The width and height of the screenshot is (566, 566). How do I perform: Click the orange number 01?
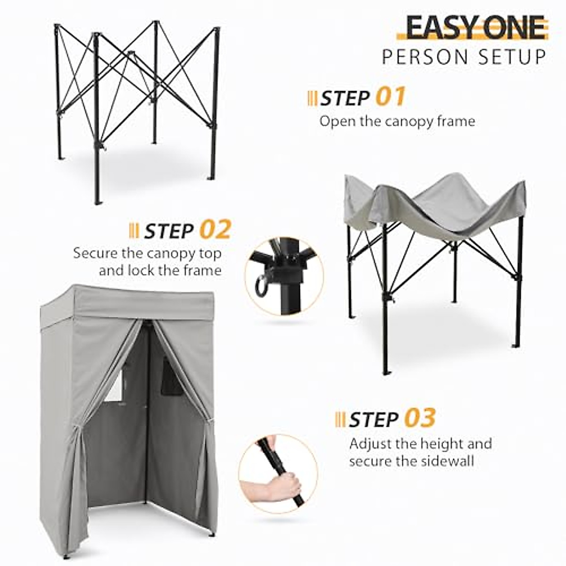[391, 97]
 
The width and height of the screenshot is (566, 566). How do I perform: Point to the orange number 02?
[215, 230]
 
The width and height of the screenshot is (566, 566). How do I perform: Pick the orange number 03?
[419, 418]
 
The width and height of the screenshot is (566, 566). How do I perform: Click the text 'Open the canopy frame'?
[397, 121]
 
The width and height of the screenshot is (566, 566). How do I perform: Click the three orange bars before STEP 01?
[312, 99]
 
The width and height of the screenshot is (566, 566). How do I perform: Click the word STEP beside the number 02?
[168, 231]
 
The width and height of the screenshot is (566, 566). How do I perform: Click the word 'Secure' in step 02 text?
[96, 253]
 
